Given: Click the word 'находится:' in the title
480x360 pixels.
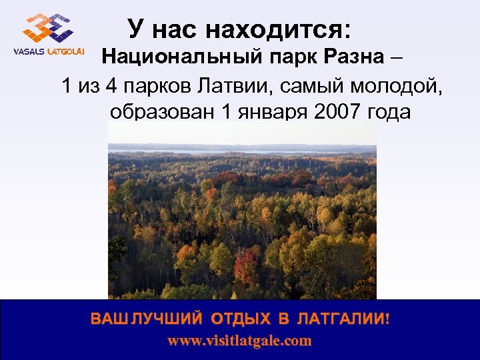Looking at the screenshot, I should point(279,30).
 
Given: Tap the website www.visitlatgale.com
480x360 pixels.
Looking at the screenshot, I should point(239,341).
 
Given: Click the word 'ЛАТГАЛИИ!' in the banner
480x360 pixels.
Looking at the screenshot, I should point(342,319).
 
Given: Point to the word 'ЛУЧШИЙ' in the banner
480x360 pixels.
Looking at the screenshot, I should point(164,319).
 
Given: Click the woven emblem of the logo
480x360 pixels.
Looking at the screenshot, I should point(47,28).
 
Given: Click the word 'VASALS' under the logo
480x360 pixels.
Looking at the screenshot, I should point(27,53).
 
